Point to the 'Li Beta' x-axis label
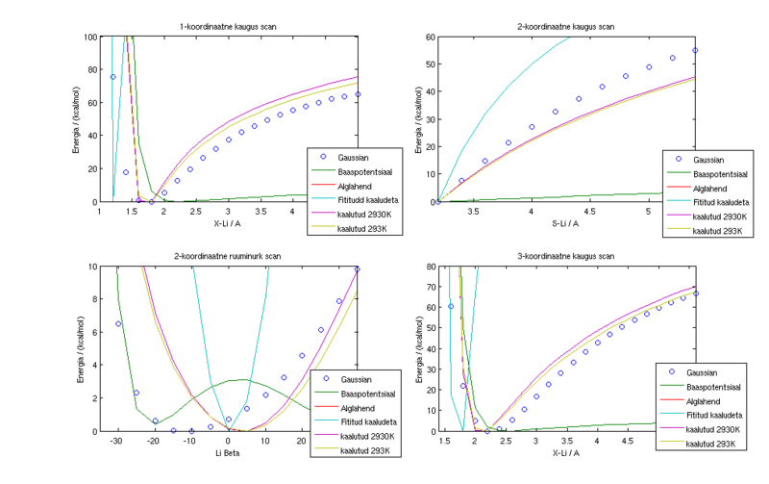[228, 453]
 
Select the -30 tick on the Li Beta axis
[116, 442]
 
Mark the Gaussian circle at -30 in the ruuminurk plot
[117, 323]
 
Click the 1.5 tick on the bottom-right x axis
[444, 442]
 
